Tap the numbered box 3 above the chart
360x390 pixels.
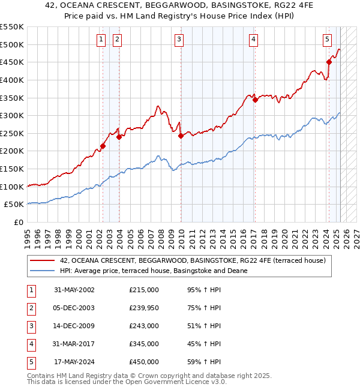tap(179, 40)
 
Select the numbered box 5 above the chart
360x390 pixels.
tap(327, 40)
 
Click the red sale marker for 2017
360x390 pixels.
tap(255, 100)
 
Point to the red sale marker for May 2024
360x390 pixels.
tap(329, 61)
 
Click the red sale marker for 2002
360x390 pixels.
tap(103, 146)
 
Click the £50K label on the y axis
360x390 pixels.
tap(14, 205)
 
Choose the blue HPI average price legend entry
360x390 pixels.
tap(154, 271)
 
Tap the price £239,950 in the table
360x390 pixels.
tap(144, 308)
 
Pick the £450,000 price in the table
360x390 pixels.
tap(144, 362)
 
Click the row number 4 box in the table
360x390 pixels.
tap(30, 344)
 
